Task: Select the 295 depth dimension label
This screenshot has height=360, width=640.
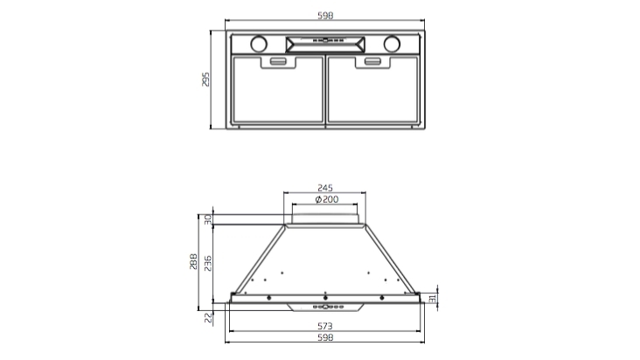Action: tap(206, 80)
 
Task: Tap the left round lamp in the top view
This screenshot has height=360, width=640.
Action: tap(259, 43)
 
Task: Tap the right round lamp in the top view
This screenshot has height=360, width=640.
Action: tap(393, 43)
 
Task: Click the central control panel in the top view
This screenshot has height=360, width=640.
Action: tap(325, 43)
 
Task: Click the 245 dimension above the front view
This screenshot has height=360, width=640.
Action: tap(325, 188)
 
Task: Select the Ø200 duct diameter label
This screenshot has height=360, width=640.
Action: tap(325, 200)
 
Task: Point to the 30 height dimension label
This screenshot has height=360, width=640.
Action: tap(208, 221)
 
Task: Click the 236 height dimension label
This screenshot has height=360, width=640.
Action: tap(207, 262)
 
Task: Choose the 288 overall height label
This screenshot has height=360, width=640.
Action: tap(194, 261)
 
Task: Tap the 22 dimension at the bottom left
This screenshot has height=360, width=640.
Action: tap(208, 318)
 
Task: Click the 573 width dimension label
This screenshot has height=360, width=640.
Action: tap(325, 325)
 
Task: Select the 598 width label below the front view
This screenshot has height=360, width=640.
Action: tap(325, 338)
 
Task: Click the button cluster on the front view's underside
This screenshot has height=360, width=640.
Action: tap(325, 307)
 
